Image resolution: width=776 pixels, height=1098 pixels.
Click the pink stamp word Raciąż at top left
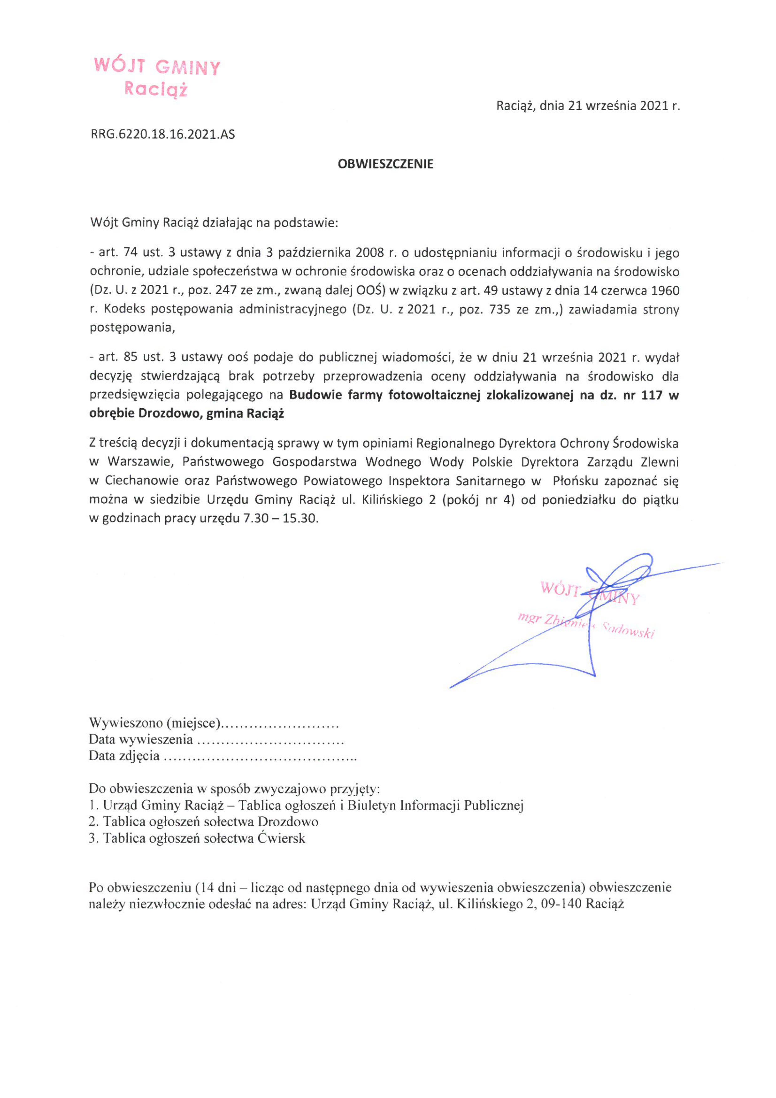click(155, 89)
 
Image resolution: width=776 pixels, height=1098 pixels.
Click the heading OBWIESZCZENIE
click(386, 164)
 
